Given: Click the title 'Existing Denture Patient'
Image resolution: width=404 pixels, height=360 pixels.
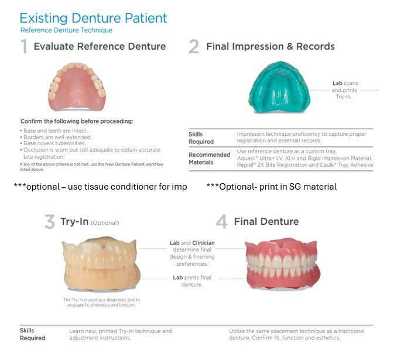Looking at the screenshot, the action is [x=93, y=18].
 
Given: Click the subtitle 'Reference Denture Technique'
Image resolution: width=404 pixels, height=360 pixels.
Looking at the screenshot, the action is [x=67, y=30].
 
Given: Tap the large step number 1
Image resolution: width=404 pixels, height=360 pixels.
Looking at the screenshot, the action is [x=24, y=46].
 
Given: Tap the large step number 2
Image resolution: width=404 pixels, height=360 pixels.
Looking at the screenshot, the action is [x=194, y=46].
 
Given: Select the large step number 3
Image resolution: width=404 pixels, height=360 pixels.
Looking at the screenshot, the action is [x=50, y=221].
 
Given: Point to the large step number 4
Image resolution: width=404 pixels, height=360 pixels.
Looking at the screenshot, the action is [x=221, y=221].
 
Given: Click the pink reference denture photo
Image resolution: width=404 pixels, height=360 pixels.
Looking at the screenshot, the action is [x=77, y=87].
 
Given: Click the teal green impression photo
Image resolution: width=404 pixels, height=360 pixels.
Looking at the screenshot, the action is [x=279, y=87].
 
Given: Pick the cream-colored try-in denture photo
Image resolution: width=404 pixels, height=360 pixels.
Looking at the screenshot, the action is [x=101, y=263].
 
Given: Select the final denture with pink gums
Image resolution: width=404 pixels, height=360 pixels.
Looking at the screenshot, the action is [x=282, y=263].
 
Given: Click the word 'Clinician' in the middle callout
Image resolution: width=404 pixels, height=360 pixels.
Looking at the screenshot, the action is [x=203, y=243].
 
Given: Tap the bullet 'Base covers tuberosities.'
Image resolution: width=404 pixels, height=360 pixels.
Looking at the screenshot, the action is [x=53, y=143].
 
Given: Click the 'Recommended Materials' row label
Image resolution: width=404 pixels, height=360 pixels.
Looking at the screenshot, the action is [x=210, y=159].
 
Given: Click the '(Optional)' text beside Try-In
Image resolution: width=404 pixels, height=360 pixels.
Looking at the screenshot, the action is [x=105, y=223].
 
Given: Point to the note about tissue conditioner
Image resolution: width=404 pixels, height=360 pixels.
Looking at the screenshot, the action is [x=101, y=187].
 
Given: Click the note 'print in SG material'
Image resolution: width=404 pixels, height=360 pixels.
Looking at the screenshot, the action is [x=272, y=187].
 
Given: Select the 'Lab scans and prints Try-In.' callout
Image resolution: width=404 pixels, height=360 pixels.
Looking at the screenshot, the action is [x=344, y=90].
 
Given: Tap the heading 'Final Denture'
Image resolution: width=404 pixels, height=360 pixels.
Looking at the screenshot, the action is [x=266, y=221].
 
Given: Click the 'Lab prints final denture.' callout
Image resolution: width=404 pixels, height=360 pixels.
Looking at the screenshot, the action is [x=192, y=281].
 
